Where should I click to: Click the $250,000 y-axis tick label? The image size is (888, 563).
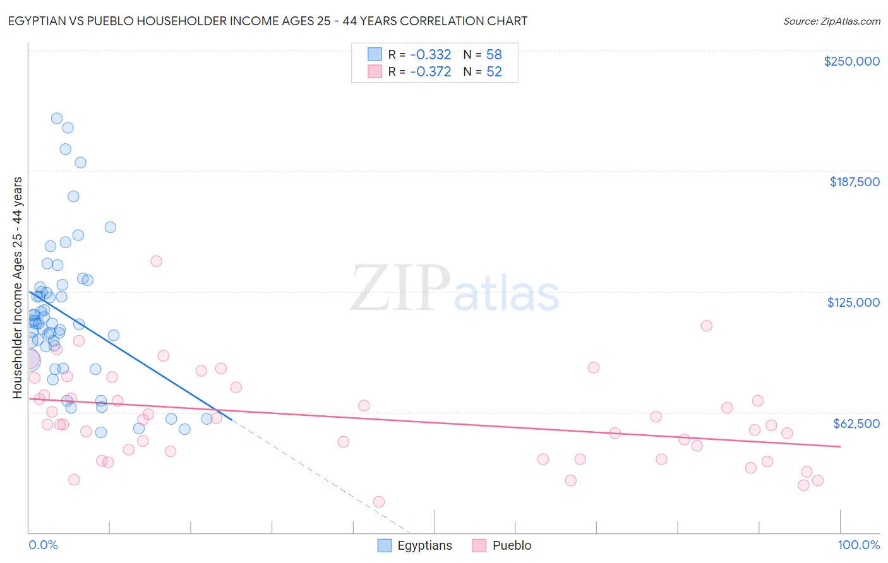(851, 61)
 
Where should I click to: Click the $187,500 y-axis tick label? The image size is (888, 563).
(855, 182)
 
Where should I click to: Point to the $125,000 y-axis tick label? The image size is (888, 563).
(853, 302)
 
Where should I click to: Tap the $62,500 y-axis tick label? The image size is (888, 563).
(856, 424)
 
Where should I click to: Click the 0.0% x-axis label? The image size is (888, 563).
(43, 545)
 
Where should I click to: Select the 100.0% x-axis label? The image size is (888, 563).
(858, 545)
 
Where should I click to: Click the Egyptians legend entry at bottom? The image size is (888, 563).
(424, 545)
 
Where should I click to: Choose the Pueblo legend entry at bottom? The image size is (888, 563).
(512, 545)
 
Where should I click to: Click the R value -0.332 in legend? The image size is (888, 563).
(430, 55)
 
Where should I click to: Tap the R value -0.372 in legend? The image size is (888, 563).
(430, 72)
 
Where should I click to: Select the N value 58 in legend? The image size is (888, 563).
(494, 55)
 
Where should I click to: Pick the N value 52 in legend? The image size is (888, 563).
(494, 72)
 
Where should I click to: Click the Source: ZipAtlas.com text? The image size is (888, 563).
(831, 21)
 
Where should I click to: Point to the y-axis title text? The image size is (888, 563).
(17, 288)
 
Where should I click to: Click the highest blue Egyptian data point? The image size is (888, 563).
(57, 118)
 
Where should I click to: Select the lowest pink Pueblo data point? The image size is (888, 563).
(379, 502)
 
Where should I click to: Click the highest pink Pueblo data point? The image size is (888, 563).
(156, 261)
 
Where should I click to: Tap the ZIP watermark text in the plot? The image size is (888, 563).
(400, 288)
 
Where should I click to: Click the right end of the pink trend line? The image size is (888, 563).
(840, 446)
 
